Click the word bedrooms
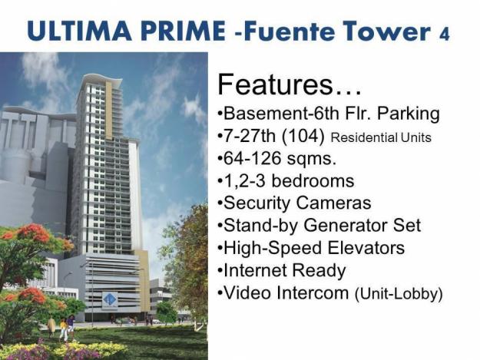click(312, 181)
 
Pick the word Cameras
click(334, 203)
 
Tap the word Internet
click(254, 270)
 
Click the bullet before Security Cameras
click(220, 204)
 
